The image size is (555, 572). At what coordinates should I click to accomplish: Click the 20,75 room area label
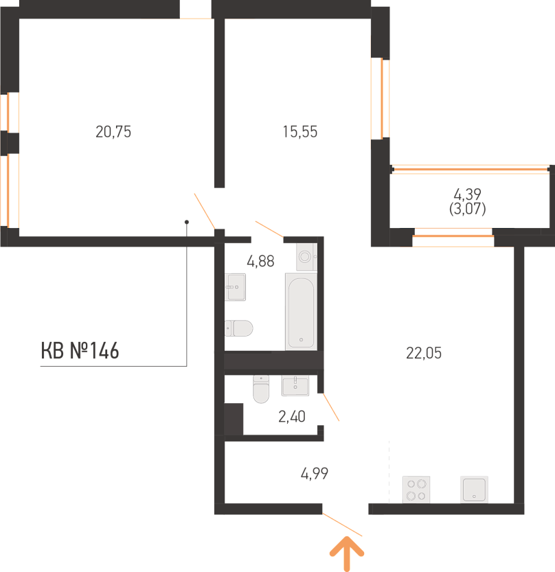113,132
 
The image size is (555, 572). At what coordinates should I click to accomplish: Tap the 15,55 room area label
300,132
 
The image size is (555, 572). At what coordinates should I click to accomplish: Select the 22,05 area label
424,353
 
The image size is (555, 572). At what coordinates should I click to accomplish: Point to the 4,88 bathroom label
260,261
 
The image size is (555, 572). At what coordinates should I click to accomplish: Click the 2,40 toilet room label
292,416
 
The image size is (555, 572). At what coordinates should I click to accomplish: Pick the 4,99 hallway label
315,474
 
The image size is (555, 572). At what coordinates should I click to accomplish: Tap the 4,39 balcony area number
468,194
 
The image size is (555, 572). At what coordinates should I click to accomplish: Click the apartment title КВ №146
80,351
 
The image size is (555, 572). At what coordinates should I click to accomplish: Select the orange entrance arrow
347,553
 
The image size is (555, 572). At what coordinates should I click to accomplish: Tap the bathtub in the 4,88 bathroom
301,311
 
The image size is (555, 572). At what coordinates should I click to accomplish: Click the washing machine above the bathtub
306,257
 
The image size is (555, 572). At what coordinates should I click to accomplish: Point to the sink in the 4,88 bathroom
235,287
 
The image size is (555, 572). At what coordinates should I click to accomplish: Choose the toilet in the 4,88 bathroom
238,328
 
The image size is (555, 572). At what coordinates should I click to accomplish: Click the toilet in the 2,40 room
261,389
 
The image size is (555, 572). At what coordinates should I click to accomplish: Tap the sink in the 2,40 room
295,386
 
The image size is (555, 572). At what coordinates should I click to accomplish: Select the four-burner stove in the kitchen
416,490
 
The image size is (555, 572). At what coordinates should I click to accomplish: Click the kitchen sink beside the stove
474,490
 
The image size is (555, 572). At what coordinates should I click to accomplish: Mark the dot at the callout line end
186,222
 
